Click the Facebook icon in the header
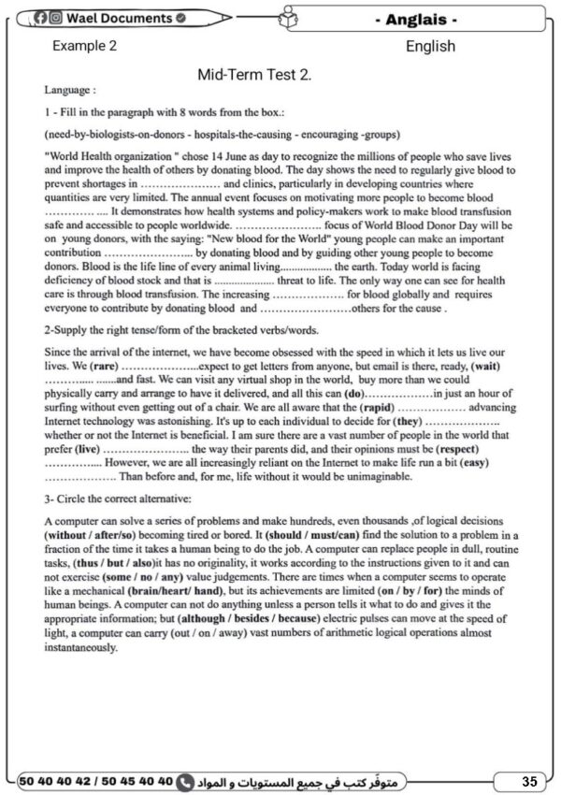tap(41, 18)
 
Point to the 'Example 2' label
tap(85, 46)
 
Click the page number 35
tap(529, 780)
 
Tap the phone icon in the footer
tap(184, 780)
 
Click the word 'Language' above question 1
tap(69, 91)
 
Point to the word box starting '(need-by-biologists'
tap(205, 133)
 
